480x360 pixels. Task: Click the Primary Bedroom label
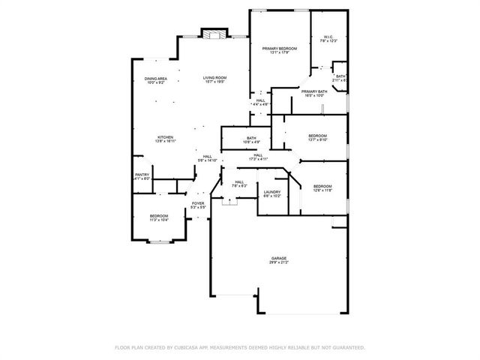[279, 49]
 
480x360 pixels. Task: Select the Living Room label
[214, 78]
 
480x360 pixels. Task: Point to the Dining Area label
[156, 79]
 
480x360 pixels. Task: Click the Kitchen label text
[165, 136]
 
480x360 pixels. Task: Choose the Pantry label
[142, 175]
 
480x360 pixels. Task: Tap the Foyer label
[198, 203]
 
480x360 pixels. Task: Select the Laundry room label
[271, 193]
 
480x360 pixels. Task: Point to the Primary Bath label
[313, 91]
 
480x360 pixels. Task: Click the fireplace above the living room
[214, 34]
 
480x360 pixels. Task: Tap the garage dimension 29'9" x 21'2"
[279, 263]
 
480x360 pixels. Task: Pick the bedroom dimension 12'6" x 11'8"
[322, 190]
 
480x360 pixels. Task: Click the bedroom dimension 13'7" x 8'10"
[317, 140]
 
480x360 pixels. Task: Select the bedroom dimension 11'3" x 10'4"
[158, 220]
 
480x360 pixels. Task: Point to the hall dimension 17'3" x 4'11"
[258, 159]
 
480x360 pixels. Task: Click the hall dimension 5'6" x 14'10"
[207, 160]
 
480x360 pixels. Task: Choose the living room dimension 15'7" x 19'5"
[214, 82]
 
